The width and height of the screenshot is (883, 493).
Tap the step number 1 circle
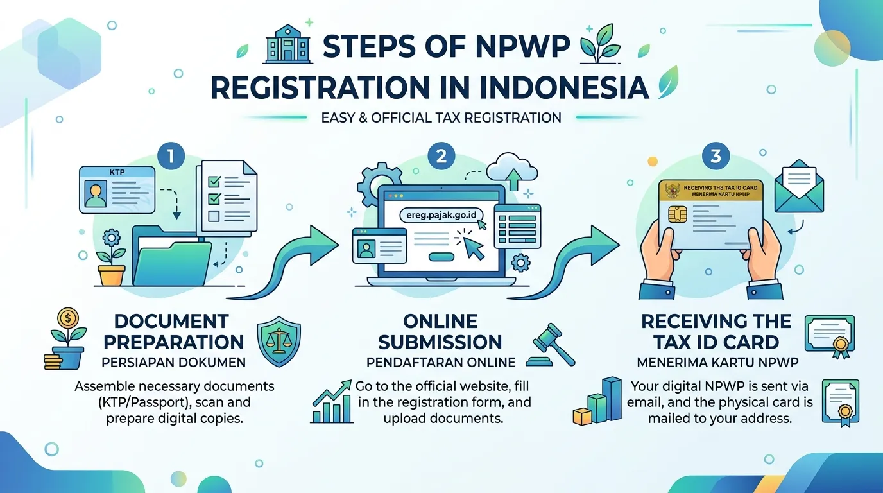click(x=171, y=156)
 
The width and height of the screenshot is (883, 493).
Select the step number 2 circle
click(x=441, y=156)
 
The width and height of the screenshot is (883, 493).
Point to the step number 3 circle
click(x=716, y=156)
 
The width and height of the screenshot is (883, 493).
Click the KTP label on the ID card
click(x=117, y=172)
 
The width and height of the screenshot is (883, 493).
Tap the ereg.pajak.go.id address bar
click(x=441, y=215)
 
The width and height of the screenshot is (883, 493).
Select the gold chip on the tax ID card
click(x=678, y=215)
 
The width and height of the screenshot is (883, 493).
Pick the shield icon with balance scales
click(x=279, y=341)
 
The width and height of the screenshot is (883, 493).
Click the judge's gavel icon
click(x=551, y=345)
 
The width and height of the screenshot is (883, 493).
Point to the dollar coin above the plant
click(x=68, y=318)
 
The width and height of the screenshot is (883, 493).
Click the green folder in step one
click(x=171, y=256)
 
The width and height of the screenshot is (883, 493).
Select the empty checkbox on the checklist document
click(x=214, y=216)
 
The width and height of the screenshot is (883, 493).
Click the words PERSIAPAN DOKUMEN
click(x=173, y=363)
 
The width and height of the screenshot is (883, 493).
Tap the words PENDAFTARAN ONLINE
click(x=441, y=363)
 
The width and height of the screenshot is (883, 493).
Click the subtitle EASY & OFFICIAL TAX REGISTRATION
click(x=441, y=118)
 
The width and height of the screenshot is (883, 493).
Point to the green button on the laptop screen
click(x=441, y=257)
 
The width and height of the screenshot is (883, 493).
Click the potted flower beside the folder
click(x=112, y=257)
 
